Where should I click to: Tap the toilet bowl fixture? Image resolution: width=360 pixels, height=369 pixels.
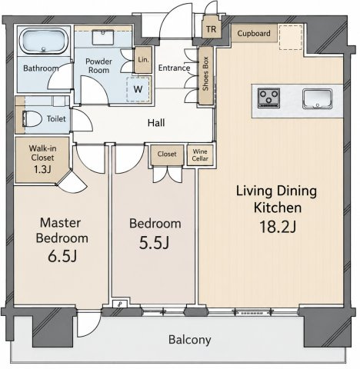(x=32, y=118)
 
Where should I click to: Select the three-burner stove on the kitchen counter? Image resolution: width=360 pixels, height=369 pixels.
(x=268, y=98)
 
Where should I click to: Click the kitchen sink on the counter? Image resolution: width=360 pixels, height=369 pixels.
(x=318, y=98)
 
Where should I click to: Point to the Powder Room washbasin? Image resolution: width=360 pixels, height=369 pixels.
(x=103, y=37)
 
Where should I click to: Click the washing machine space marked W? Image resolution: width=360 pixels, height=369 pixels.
(x=138, y=89)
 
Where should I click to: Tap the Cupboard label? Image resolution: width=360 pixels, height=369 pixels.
(x=254, y=33)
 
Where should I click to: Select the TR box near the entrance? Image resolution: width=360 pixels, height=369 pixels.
(x=211, y=29)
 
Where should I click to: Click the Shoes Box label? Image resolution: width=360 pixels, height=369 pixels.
(x=205, y=74)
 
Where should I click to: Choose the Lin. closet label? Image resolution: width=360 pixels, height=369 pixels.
(x=143, y=60)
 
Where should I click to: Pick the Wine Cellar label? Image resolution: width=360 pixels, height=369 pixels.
(x=200, y=155)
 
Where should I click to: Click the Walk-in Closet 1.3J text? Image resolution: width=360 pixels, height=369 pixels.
(x=42, y=159)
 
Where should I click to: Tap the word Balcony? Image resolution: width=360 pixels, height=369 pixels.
(x=190, y=340)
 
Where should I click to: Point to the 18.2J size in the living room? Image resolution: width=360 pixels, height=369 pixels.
(x=278, y=227)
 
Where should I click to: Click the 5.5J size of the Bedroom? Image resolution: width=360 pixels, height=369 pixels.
(x=154, y=243)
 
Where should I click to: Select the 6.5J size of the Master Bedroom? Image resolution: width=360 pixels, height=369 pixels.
(x=62, y=256)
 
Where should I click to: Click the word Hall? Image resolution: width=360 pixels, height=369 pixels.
(x=156, y=123)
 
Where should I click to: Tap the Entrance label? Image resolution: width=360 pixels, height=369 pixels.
(x=174, y=68)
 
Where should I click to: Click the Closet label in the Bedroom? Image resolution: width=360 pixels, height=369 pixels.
(x=167, y=154)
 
